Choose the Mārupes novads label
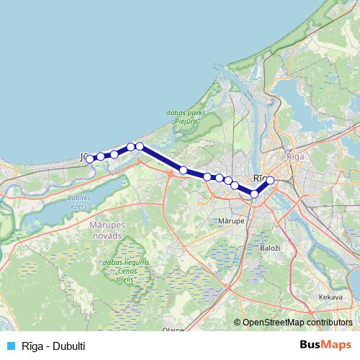click(x=111, y=230)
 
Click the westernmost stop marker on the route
click(x=90, y=159)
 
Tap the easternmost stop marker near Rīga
click(x=270, y=181)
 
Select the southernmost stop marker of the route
click(x=254, y=194)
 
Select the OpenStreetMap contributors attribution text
click(x=297, y=323)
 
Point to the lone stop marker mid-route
click(x=184, y=171)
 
